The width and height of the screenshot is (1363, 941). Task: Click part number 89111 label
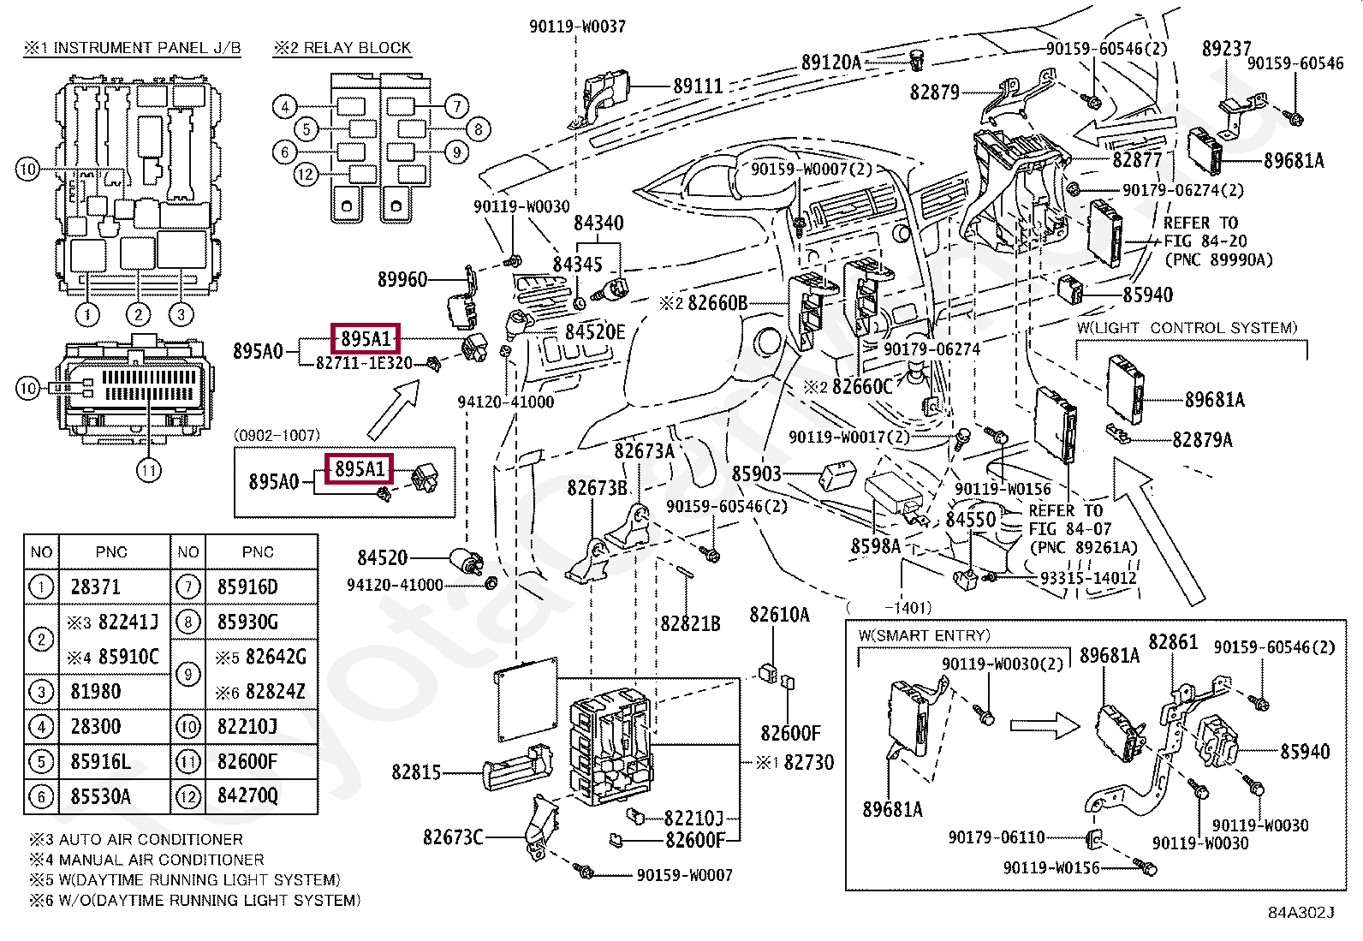coord(698,86)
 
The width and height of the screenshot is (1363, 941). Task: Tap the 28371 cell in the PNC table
coord(95,587)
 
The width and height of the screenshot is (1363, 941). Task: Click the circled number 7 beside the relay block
coord(456,106)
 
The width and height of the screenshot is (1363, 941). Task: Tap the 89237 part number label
coord(1226,49)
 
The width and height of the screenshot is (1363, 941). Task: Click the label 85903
coord(756,473)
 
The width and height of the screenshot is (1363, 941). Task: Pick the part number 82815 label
coord(416,772)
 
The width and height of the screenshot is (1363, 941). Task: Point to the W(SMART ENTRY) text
coord(924,635)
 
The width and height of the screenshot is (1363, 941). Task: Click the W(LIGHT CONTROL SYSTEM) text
coord(1187,328)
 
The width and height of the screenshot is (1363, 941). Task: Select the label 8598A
coord(875,545)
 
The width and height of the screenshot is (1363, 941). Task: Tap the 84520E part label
coord(595,331)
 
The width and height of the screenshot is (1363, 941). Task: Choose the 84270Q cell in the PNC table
coord(247,796)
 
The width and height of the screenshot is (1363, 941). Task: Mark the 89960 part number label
coord(402,279)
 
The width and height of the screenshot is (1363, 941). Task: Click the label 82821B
coord(690,623)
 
